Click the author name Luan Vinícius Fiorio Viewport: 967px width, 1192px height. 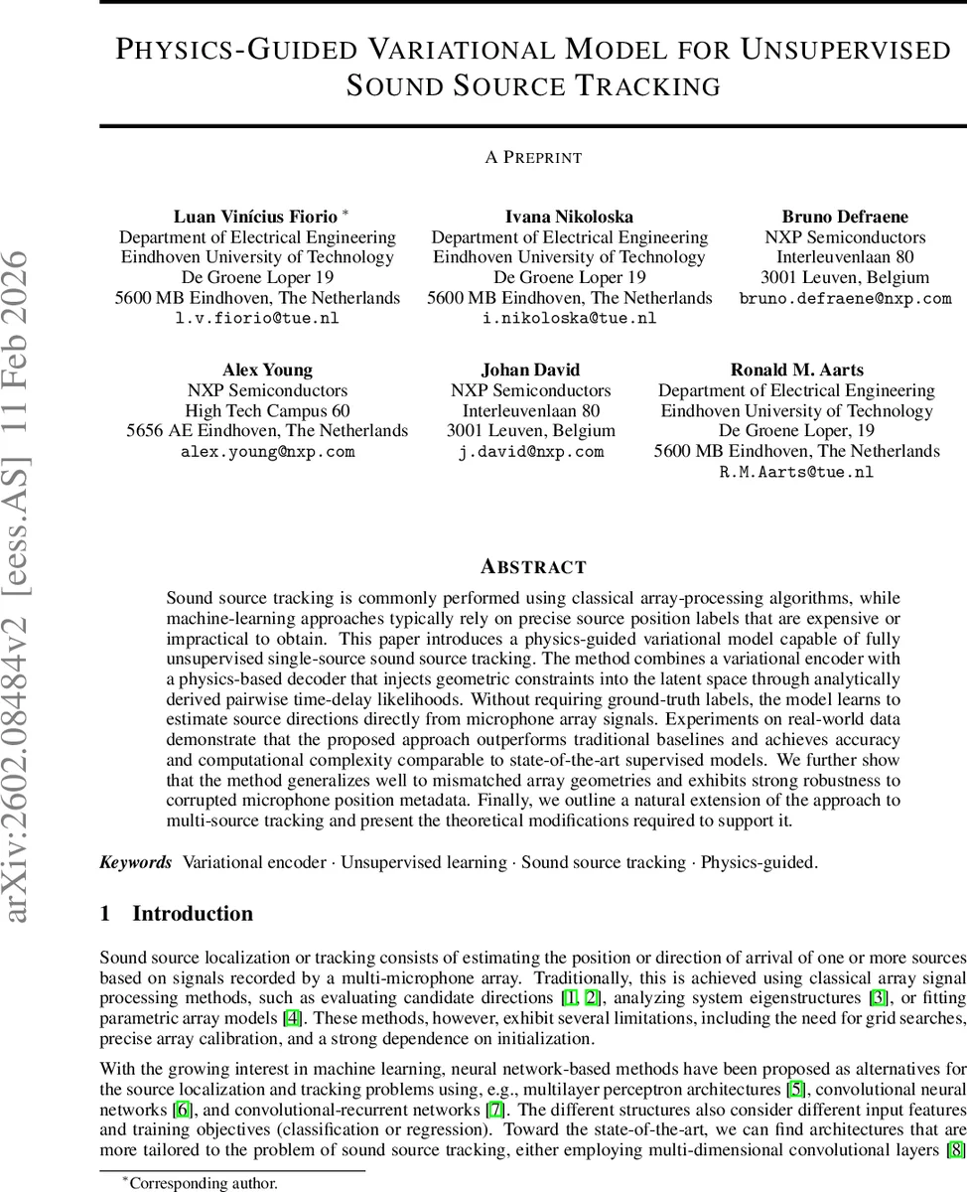click(255, 217)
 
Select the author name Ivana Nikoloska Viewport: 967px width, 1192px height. click(569, 217)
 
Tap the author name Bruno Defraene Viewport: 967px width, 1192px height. click(845, 217)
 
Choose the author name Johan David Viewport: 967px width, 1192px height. click(530, 370)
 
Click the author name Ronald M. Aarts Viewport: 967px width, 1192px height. click(796, 370)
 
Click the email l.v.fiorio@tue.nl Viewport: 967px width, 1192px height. click(257, 319)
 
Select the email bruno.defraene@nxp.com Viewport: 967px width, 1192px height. click(845, 298)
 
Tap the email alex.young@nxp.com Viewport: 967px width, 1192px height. click(267, 452)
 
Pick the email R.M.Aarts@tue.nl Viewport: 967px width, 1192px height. click(796, 473)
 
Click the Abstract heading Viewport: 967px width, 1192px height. click(533, 567)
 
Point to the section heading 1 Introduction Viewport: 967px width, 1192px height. click(177, 914)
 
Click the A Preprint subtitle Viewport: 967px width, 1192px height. click(533, 157)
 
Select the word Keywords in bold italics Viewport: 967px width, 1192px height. click(136, 862)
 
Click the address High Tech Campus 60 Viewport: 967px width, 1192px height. click(267, 411)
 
